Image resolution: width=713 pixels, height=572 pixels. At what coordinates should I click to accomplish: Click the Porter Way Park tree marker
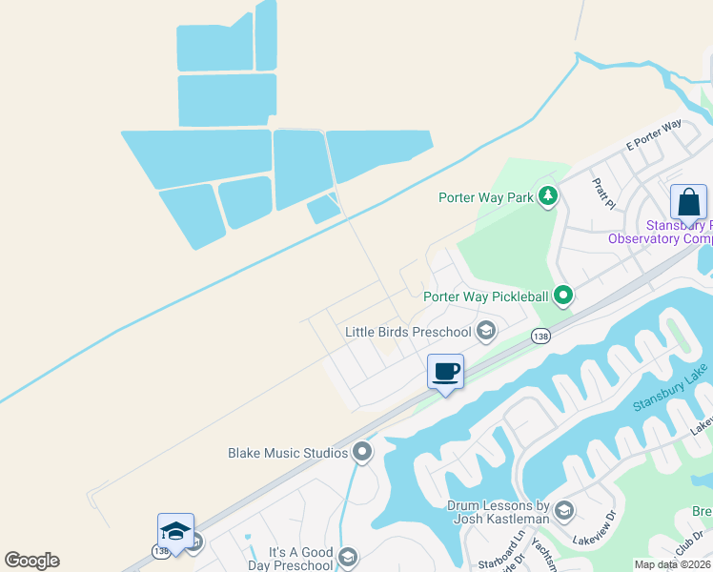click(548, 197)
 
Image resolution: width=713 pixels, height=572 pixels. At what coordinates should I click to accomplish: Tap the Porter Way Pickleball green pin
click(563, 296)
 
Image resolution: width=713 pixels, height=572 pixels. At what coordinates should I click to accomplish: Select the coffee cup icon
click(445, 371)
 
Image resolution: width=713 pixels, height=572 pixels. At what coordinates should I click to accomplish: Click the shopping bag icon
click(688, 202)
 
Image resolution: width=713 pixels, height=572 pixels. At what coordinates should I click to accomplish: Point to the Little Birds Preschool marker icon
click(486, 331)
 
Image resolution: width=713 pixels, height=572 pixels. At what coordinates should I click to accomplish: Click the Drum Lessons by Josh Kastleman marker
click(563, 511)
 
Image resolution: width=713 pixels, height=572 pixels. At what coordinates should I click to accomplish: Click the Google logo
click(31, 561)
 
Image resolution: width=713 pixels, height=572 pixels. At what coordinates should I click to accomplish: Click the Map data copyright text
click(671, 564)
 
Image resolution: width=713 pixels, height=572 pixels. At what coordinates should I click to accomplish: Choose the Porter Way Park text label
click(485, 197)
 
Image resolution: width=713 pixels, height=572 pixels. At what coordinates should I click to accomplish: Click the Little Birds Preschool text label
click(408, 332)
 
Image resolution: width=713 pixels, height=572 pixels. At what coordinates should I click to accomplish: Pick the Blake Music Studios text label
click(287, 453)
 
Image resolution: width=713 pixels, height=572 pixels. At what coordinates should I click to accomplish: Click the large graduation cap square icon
click(175, 531)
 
